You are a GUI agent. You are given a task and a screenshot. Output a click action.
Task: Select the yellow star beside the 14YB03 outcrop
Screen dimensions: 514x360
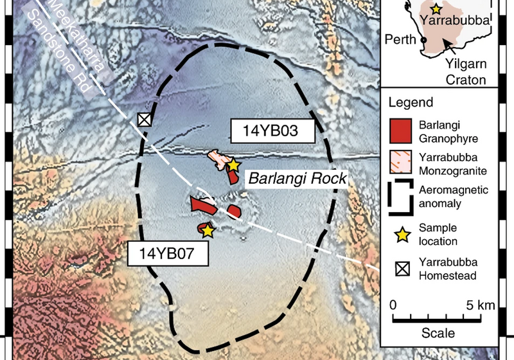(x=233, y=165)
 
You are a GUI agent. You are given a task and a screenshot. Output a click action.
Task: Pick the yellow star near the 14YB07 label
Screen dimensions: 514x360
(x=207, y=231)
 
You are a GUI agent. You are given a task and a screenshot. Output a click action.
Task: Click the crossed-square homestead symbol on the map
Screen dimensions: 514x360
(x=145, y=119)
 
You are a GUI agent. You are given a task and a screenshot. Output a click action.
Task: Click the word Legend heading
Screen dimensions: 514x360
(x=414, y=102)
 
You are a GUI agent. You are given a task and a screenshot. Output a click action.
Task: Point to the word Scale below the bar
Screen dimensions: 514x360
(x=438, y=333)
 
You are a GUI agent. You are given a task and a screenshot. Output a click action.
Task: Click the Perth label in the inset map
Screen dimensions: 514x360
(x=402, y=40)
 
